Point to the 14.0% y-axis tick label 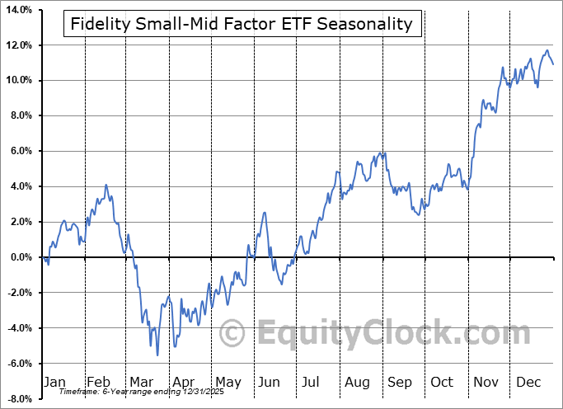pos(17,9)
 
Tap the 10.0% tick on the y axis pos(17,80)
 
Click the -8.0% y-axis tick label pos(18,399)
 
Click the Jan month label pos(54,382)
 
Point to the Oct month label pos(443,382)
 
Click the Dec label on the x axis pos(529,382)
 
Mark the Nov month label pos(486,382)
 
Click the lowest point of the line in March pos(157,355)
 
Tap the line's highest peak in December pos(546,50)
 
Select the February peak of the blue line pos(106,185)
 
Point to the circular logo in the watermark pos(233,333)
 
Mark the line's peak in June pos(265,213)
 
